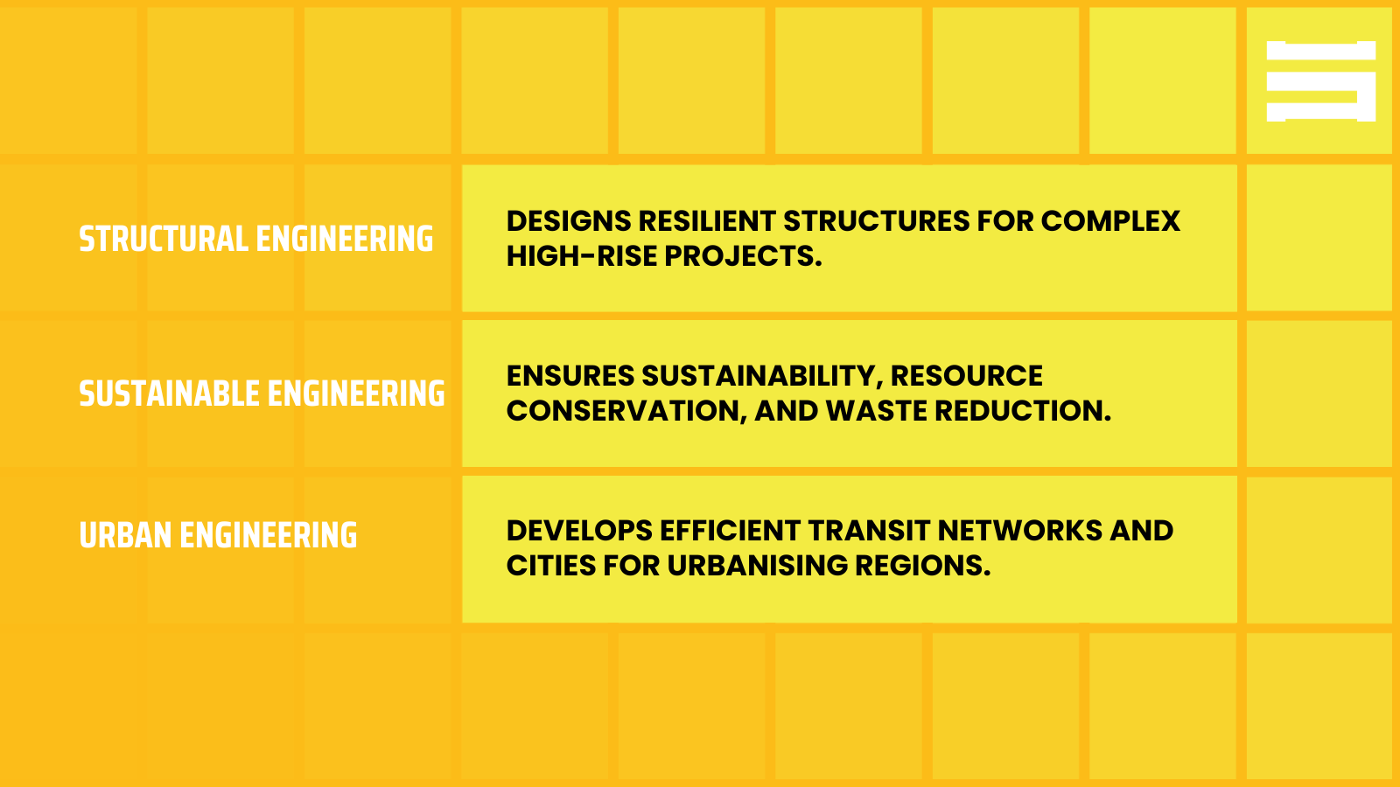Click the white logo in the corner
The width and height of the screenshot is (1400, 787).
pyautogui.click(x=1320, y=81)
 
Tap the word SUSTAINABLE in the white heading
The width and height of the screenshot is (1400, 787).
pyautogui.click(x=169, y=394)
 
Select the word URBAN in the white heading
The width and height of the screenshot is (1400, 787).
pyautogui.click(x=125, y=536)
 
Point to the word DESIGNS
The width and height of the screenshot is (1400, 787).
pyautogui.click(x=568, y=221)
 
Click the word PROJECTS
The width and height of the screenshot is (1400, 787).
pyautogui.click(x=743, y=256)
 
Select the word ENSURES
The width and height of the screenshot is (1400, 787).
pyautogui.click(x=570, y=376)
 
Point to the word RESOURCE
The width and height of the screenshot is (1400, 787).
pyautogui.click(x=966, y=376)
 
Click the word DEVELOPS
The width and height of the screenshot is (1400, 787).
pyautogui.click(x=578, y=531)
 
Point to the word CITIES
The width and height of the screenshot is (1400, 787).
pyautogui.click(x=550, y=566)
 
